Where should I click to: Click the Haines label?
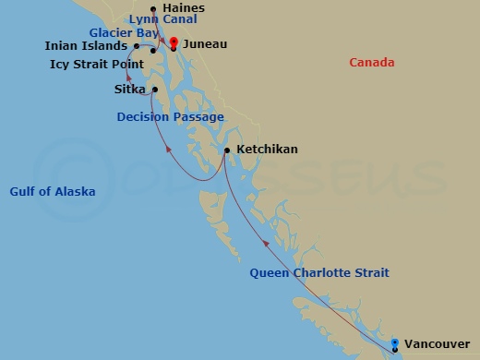183,8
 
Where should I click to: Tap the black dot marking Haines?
153,10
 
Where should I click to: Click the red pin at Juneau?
173,42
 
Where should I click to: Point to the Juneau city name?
205,43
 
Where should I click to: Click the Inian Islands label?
86,45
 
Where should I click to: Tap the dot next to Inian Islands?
137,45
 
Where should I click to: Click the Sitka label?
129,90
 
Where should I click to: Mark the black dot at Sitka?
155,90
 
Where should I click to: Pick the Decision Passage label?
170,117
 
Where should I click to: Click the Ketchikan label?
267,149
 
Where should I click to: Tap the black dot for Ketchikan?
227,150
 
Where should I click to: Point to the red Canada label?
371,63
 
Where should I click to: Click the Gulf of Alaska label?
53,191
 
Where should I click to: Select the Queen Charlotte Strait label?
319,272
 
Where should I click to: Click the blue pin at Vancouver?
395,344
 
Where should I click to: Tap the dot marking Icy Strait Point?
153,50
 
